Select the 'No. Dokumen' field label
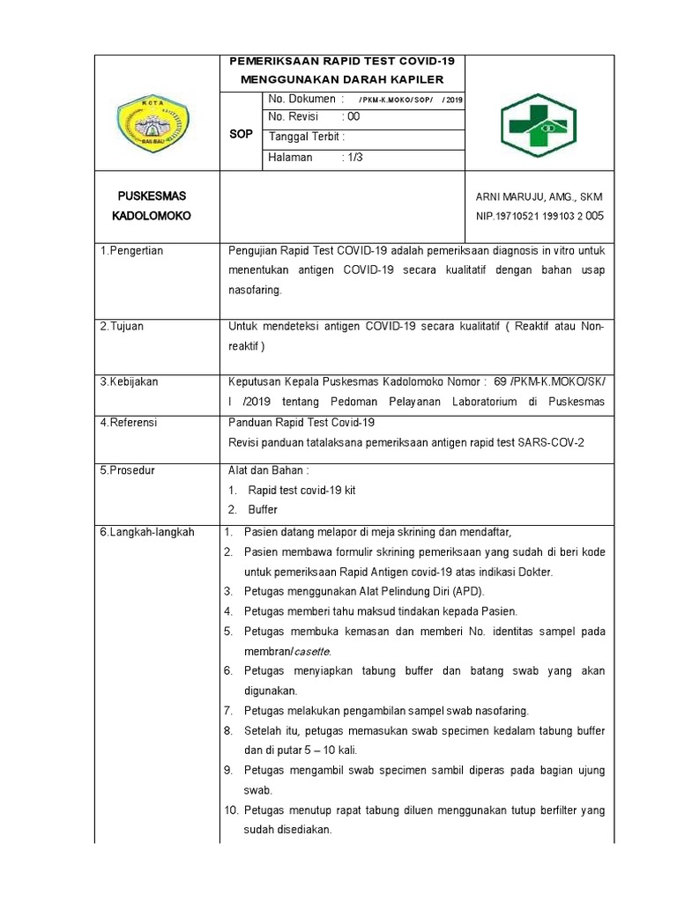click(x=301, y=100)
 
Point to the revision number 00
click(x=353, y=117)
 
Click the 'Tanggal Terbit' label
click(x=306, y=137)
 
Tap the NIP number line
click(x=539, y=215)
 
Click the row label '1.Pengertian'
click(x=131, y=251)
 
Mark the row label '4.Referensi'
click(x=129, y=423)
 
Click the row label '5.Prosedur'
click(x=128, y=470)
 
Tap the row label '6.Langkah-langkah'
click(x=146, y=532)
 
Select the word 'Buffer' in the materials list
click(x=263, y=510)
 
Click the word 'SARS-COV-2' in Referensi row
click(x=554, y=443)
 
